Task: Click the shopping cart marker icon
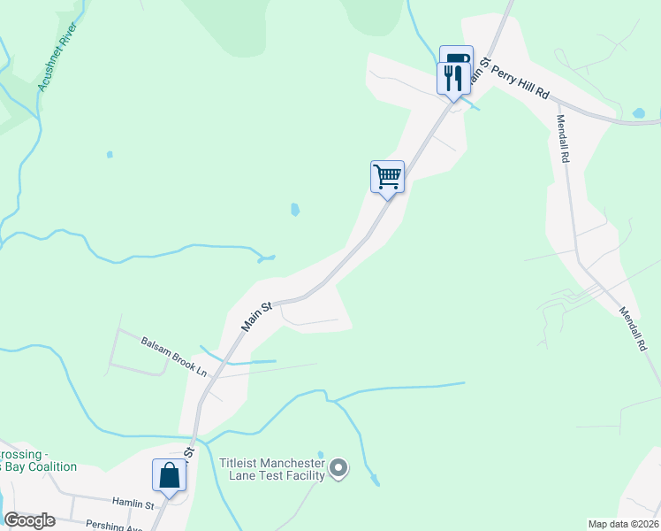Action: (387, 176)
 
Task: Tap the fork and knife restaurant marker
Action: (452, 77)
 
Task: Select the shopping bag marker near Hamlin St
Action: (169, 475)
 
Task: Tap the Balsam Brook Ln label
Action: (174, 355)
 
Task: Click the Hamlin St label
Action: (132, 504)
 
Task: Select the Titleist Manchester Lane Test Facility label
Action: (271, 467)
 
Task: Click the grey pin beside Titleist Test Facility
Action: (338, 466)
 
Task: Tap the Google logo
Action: (30, 520)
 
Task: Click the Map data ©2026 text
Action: (623, 523)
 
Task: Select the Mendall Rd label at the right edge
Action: (633, 330)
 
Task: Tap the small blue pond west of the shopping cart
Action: (294, 210)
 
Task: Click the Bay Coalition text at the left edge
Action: (39, 466)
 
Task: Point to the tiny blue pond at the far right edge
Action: (639, 113)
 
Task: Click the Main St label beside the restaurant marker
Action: (480, 70)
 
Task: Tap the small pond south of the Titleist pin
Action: (376, 481)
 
